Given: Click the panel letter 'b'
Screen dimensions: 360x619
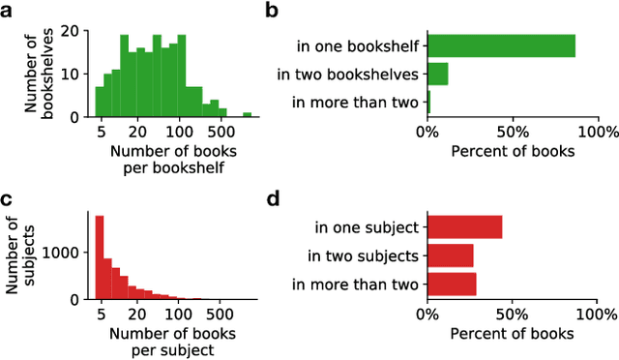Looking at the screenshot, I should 273,11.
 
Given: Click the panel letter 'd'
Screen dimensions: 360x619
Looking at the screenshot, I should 273,200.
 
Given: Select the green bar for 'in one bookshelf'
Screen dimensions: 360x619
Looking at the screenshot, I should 501,45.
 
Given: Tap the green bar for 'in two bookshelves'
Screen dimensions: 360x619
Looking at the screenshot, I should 437,74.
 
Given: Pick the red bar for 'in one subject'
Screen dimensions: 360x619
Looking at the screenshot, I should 464,227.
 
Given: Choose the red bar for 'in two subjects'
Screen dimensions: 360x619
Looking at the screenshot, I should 450,255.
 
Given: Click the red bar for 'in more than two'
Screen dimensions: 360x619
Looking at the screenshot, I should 452,284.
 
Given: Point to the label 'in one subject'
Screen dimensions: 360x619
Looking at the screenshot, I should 366,228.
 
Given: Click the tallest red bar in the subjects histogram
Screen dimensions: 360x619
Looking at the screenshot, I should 99,257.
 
